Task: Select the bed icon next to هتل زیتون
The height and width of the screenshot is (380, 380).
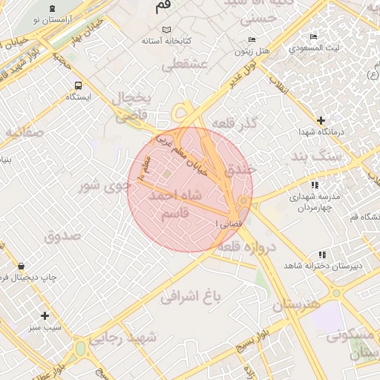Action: pyautogui.click(x=252, y=39)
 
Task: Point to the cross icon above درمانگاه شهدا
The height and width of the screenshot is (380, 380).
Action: pyautogui.click(x=321, y=119)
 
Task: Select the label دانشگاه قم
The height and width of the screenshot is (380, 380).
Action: pyautogui.click(x=364, y=216)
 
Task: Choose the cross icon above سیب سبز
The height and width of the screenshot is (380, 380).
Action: pyautogui.click(x=45, y=315)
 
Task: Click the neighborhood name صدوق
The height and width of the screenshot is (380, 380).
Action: pyautogui.click(x=62, y=237)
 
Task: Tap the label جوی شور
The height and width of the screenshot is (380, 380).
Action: pyautogui.click(x=105, y=186)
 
